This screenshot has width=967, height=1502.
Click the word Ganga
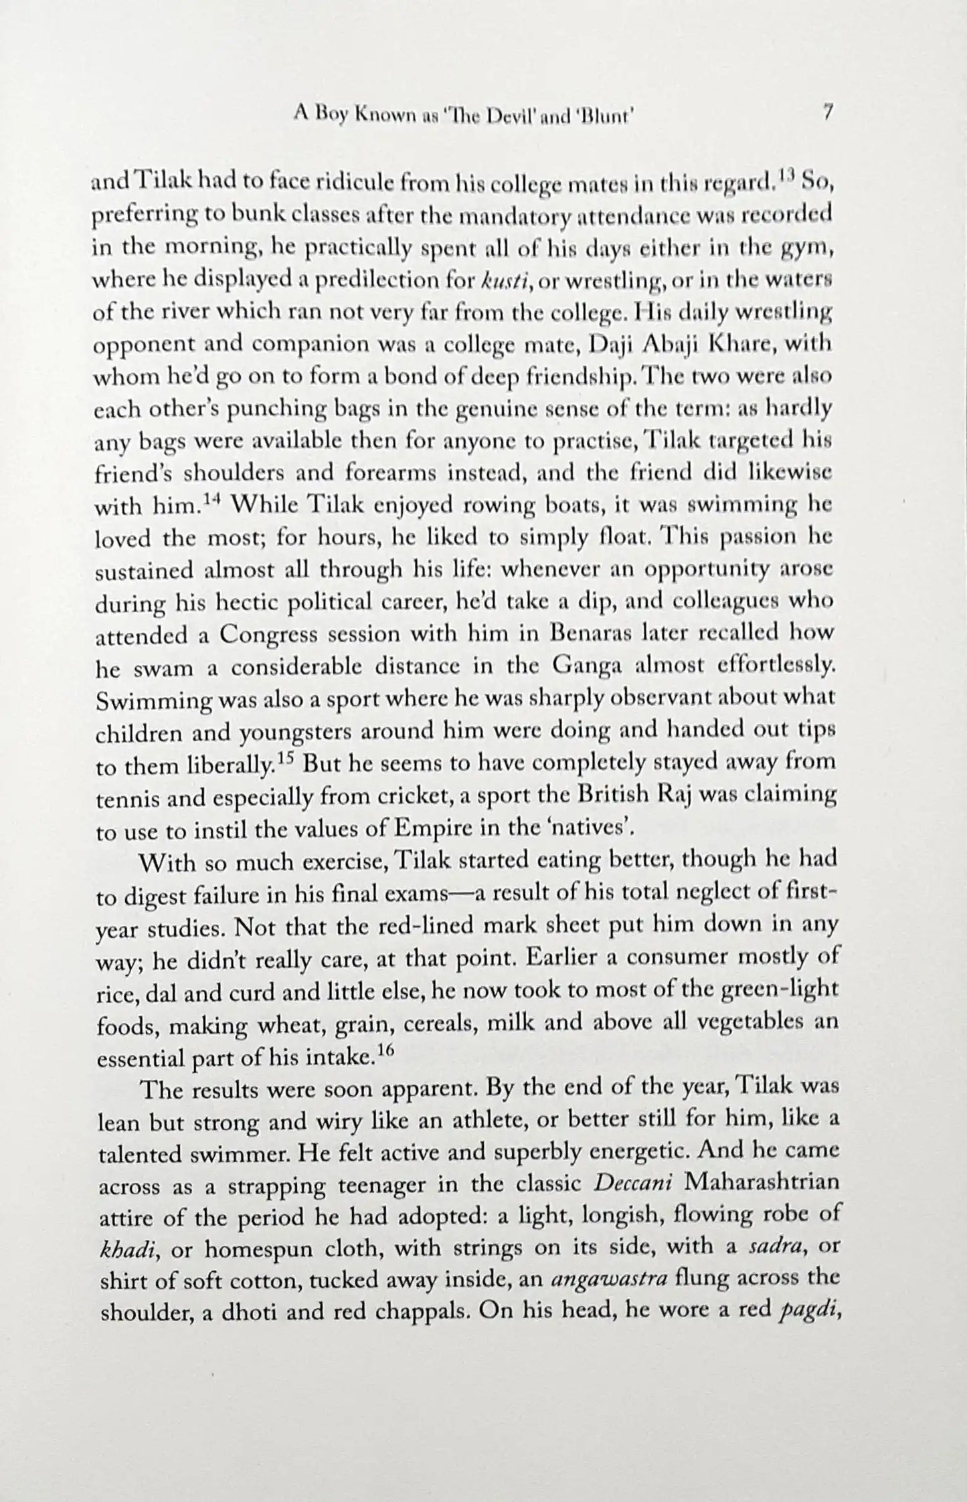[586, 666]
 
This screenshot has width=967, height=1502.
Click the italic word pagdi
[808, 1313]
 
